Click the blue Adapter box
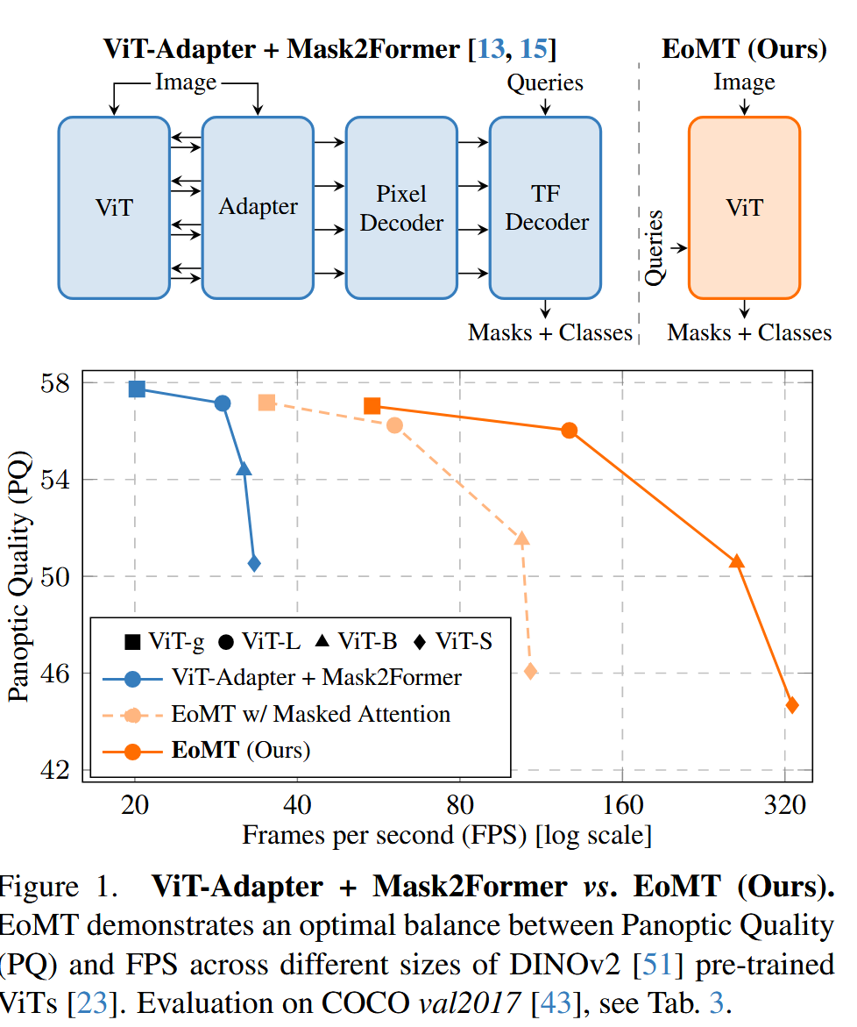click(258, 208)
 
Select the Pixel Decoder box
click(401, 208)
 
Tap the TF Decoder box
click(545, 208)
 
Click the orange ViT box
click(744, 208)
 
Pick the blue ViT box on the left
click(114, 208)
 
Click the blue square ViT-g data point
click(137, 389)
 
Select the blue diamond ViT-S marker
click(254, 564)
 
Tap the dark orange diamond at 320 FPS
click(792, 705)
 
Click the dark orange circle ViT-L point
click(570, 431)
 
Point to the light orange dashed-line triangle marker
click(522, 539)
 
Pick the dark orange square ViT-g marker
click(372, 405)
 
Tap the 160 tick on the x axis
click(622, 804)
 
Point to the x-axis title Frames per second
click(447, 834)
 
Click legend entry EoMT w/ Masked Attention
click(311, 714)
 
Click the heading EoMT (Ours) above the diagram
click(744, 49)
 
